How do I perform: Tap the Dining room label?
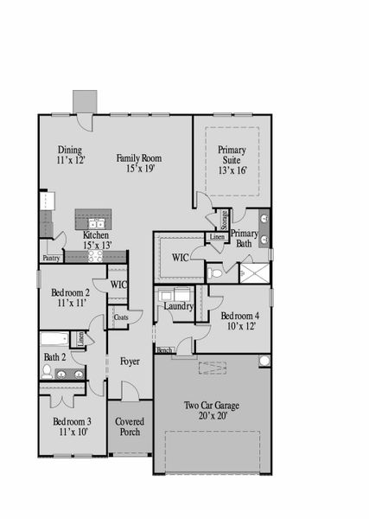69,149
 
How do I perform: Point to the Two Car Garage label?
212,405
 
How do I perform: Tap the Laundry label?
176,306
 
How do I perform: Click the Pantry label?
51,258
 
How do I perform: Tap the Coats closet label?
121,317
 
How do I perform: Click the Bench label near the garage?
162,350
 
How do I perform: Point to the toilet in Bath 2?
47,371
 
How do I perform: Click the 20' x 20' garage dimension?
212,416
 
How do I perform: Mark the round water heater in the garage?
264,361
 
